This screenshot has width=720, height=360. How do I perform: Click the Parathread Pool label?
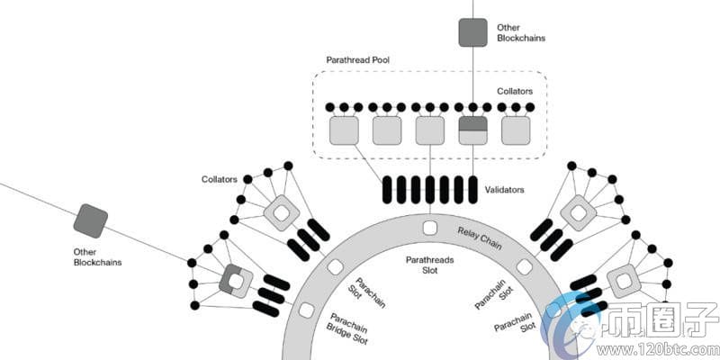(364, 58)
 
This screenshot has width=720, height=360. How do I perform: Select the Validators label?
(504, 190)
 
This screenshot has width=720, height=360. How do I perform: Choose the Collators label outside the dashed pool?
(220, 179)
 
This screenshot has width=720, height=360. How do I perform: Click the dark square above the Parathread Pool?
(472, 32)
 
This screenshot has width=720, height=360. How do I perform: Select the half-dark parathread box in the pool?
(472, 130)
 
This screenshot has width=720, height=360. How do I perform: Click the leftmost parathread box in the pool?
(345, 130)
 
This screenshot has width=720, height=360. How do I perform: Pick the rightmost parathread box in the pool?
(516, 130)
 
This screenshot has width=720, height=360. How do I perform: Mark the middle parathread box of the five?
(430, 130)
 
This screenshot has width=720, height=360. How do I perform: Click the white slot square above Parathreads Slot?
(430, 227)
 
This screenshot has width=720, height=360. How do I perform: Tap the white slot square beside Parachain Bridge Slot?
(307, 310)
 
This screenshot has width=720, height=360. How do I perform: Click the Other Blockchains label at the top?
(520, 33)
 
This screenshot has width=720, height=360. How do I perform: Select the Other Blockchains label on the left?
(97, 256)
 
